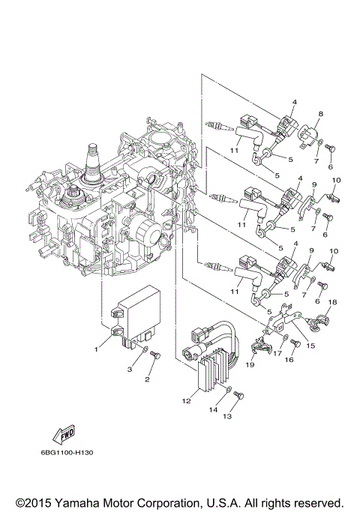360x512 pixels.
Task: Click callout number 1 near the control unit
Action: click(x=96, y=349)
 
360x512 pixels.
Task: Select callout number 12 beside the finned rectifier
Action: click(x=185, y=401)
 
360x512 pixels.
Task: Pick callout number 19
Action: click(x=250, y=364)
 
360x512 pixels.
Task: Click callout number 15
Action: click(x=310, y=346)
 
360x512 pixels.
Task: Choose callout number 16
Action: click(x=287, y=360)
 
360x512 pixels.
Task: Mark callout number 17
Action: click(x=277, y=353)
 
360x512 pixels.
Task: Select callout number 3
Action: click(x=129, y=370)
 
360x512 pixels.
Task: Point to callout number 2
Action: click(x=148, y=380)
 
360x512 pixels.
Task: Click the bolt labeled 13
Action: click(x=237, y=394)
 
